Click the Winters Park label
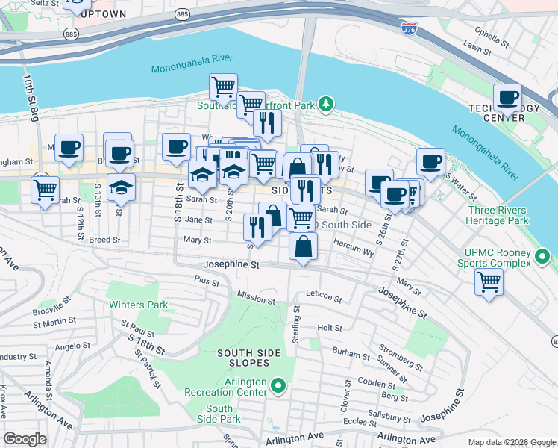pos(138,305)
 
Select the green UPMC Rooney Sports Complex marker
pos(542,258)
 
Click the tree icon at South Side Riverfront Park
pos(325,104)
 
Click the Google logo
pos(25,439)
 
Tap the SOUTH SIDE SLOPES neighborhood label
pos(248,358)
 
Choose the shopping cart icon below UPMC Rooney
pos(489,282)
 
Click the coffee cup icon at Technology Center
pos(508,98)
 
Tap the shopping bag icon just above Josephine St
pos(303,246)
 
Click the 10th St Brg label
pos(30,96)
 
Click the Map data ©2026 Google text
pos(511,442)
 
